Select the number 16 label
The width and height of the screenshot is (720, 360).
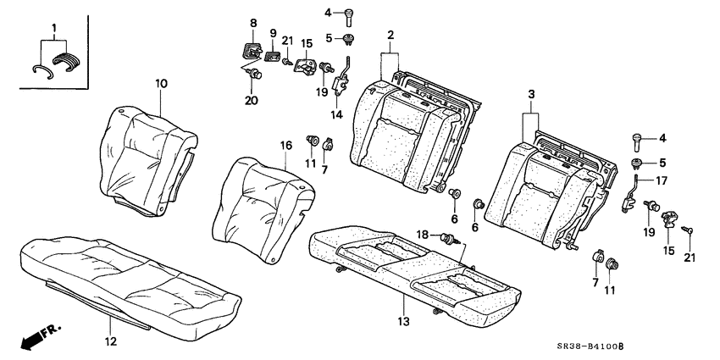286,146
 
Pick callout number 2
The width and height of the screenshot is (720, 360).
390,35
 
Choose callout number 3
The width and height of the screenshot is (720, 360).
531,96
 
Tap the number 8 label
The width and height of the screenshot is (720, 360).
252,22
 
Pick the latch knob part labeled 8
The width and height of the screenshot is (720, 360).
252,50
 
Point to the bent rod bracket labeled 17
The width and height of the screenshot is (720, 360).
634,192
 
